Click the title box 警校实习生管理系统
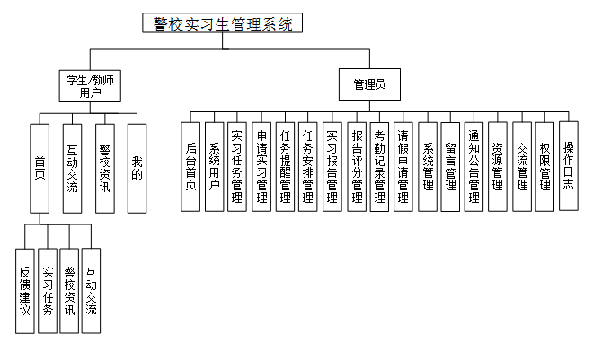pyautogui.click(x=224, y=24)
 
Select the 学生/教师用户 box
pyautogui.click(x=90, y=85)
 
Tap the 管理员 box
pyautogui.click(x=368, y=85)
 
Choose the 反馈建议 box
pyautogui.click(x=25, y=289)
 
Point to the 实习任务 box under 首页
pyautogui.click(x=48, y=289)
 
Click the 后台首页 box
pyautogui.click(x=190, y=166)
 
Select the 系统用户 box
pyautogui.click(x=214, y=166)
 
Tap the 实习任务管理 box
pyautogui.click(x=237, y=166)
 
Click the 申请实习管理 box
pyautogui.click(x=261, y=166)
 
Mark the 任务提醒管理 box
pyautogui.click(x=285, y=166)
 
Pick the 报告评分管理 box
pyautogui.click(x=356, y=166)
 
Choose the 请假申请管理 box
pyautogui.click(x=403, y=166)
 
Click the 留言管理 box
pyautogui.click(x=451, y=166)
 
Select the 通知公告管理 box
pyautogui.click(x=474, y=166)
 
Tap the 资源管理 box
pyautogui.click(x=498, y=166)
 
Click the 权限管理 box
pyautogui.click(x=544, y=166)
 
